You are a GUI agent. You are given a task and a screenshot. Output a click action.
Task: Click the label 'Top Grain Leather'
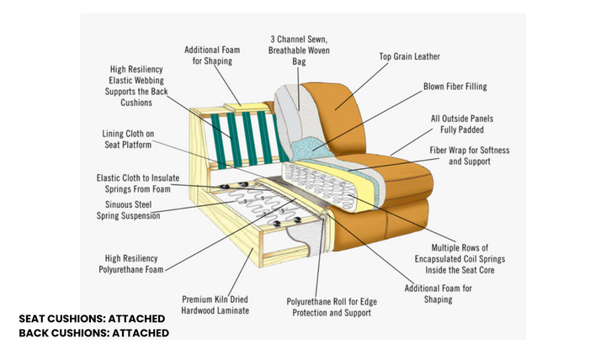click(409, 57)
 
